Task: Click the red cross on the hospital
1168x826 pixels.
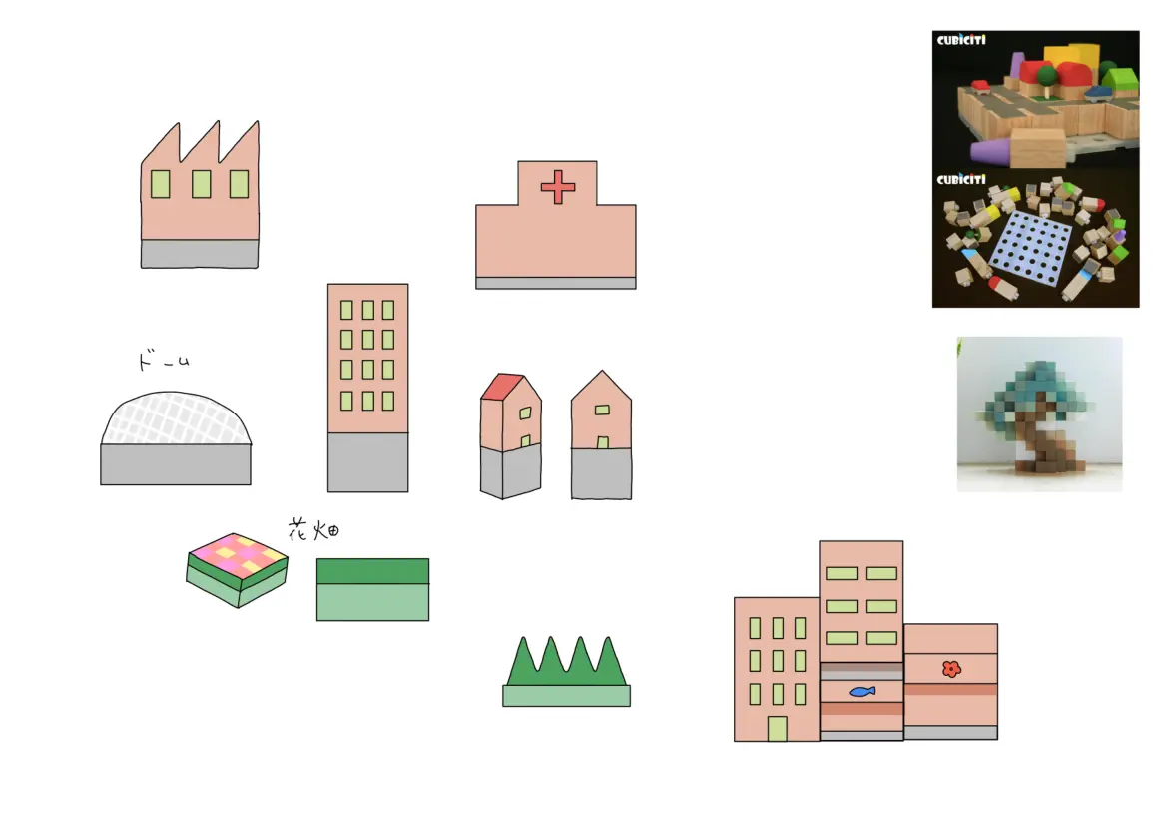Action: coord(558,187)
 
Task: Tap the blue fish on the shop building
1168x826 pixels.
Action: coord(862,692)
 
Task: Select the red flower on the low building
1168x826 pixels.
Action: coord(951,669)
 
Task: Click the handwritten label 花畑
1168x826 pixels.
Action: coord(313,530)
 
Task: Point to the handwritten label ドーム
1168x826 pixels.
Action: coord(163,361)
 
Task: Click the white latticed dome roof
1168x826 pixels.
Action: coord(176,418)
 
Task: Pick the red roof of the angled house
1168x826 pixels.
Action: coord(502,387)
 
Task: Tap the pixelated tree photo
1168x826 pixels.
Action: coord(1040,413)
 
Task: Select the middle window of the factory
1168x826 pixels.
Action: coord(201,184)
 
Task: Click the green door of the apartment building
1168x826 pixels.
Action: coord(777,729)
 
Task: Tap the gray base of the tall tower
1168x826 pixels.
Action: coord(368,462)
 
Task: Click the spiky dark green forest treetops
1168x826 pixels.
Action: coord(566,662)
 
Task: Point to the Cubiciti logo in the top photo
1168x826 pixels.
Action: coord(961,40)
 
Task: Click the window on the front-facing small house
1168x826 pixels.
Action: coord(602,410)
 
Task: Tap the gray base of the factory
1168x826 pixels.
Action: coord(200,254)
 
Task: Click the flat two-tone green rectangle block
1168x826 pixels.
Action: coord(372,589)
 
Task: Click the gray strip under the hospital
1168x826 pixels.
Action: coord(556,284)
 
